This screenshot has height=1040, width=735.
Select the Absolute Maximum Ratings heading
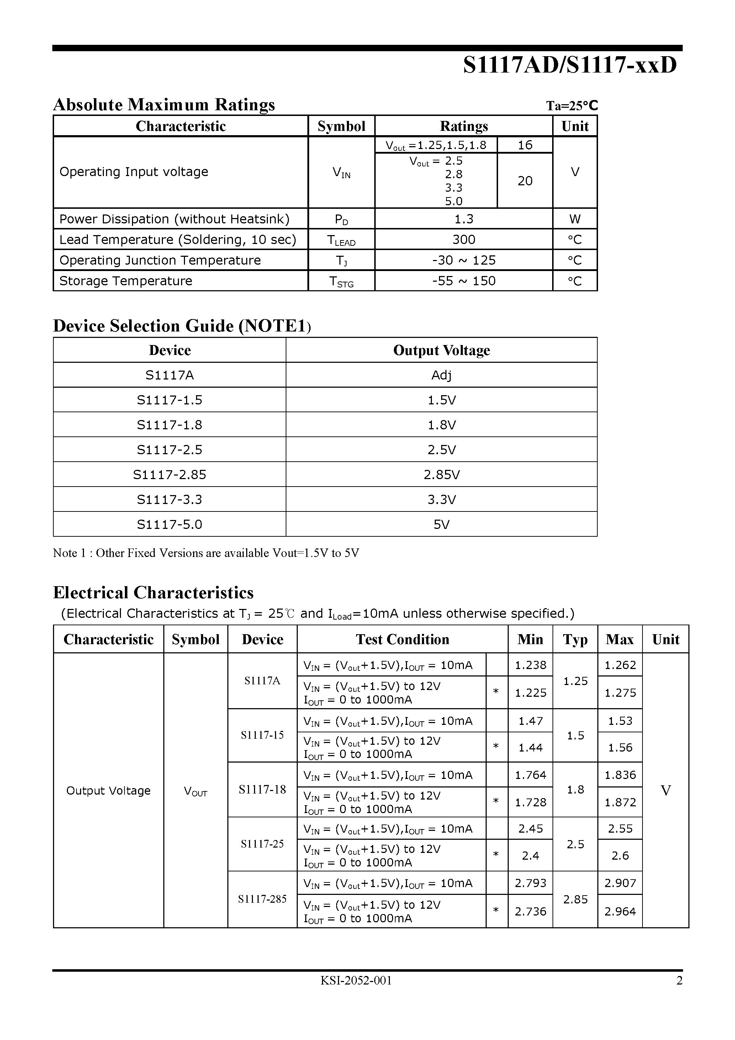point(164,105)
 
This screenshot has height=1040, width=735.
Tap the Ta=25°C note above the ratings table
point(572,106)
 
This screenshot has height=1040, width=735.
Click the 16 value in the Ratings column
point(525,145)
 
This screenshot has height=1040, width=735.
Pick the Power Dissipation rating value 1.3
point(464,219)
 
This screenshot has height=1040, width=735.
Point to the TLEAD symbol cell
point(341,240)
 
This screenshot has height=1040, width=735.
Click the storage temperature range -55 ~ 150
point(464,281)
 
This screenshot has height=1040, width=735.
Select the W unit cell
point(575,219)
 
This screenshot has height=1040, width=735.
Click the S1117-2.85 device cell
point(169,474)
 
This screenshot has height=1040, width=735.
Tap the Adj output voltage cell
point(441,375)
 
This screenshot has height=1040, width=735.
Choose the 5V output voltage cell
point(441,524)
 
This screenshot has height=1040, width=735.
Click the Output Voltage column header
point(441,350)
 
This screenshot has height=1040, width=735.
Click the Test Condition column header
point(402,639)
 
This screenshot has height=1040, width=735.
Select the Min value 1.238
point(530,665)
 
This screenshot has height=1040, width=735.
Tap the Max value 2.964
point(620,911)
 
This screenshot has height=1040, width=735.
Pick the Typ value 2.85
point(575,899)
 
